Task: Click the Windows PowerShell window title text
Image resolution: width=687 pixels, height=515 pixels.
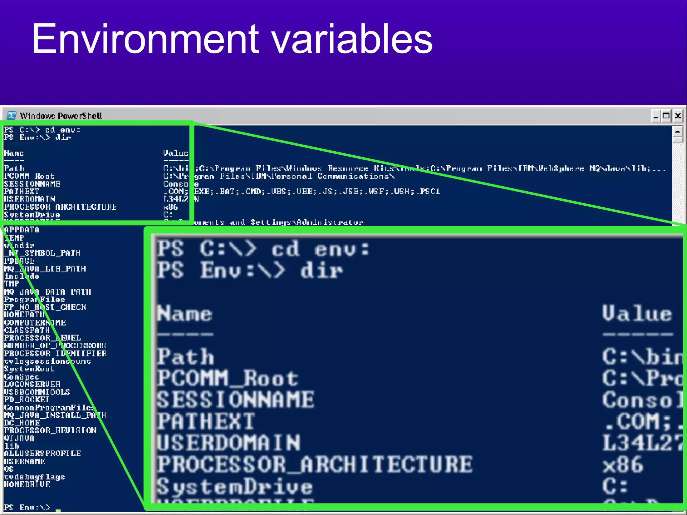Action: [x=61, y=116]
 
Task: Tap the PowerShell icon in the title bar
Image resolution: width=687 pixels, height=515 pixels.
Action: [x=11, y=116]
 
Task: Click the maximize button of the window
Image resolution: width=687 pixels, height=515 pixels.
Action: [x=666, y=116]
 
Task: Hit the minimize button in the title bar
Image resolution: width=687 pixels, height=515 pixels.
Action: [x=655, y=116]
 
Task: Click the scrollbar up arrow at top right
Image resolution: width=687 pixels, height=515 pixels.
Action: [x=678, y=131]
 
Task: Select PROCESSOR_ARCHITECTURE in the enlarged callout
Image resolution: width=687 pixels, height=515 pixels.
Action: [x=315, y=465]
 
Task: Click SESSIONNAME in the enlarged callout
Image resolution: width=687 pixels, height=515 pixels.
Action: [x=235, y=400]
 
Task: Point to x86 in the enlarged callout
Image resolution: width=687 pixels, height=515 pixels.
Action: [x=623, y=465]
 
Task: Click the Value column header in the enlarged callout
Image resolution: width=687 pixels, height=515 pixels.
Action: [x=637, y=314]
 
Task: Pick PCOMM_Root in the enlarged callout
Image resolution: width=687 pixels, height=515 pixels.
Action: [x=227, y=378]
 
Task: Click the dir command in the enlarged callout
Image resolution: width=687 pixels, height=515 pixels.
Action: [x=321, y=270]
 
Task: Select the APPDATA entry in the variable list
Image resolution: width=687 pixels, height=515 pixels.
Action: [x=22, y=230]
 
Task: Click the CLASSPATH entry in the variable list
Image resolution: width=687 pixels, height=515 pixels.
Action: [x=27, y=330]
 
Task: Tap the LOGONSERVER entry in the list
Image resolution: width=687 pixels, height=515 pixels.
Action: [x=32, y=384]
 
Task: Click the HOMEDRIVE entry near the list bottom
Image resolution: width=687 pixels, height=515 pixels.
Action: [x=27, y=484]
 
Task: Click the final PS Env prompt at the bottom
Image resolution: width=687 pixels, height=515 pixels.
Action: [x=27, y=507]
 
